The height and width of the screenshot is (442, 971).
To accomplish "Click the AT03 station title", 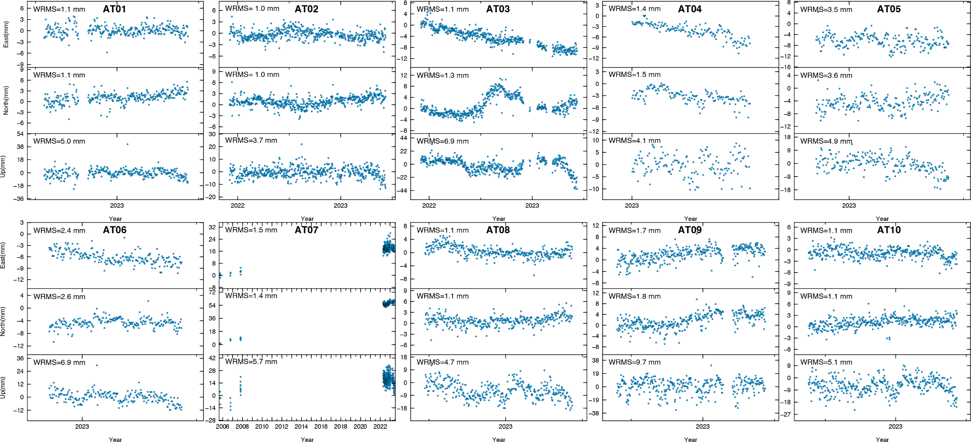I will [498, 9].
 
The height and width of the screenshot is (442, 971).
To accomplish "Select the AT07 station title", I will [306, 230].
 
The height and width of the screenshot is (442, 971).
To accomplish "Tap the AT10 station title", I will [888, 230].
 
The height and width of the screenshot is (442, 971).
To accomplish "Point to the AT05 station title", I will [888, 9].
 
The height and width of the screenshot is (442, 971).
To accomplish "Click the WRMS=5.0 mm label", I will [59, 141].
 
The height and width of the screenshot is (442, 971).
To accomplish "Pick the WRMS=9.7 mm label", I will [635, 362].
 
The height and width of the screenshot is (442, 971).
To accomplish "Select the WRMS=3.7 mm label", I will [251, 141].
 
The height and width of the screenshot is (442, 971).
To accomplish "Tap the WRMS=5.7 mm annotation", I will [251, 362].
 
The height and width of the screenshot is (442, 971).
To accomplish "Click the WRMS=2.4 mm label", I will [59, 231].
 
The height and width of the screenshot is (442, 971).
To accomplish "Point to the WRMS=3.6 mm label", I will [826, 75].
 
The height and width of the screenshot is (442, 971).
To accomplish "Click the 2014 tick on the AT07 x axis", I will [301, 426].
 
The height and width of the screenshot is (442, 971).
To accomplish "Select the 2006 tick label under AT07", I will [223, 426].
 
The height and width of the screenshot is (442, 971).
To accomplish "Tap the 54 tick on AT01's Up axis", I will [20, 134].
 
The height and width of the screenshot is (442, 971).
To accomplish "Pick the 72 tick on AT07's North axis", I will [212, 292].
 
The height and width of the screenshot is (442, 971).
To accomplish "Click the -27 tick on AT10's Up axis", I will [786, 414].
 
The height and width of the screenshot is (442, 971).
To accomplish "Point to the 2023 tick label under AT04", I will [632, 206].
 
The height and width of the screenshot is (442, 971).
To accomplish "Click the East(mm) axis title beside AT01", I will [6, 34].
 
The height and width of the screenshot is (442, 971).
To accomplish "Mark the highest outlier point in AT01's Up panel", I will [127, 144].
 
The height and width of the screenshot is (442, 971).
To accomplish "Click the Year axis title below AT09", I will [691, 440].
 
